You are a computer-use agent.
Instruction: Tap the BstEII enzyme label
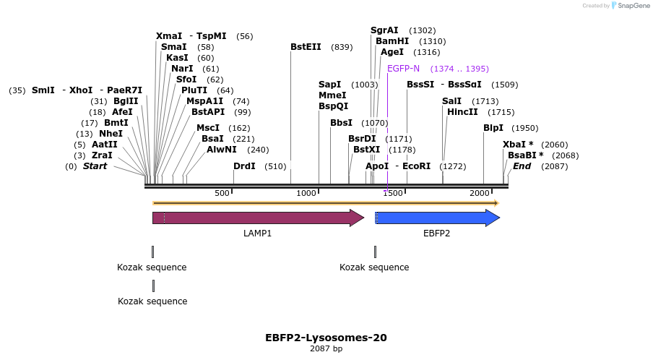(306, 47)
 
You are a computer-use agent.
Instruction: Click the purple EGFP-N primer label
(403, 69)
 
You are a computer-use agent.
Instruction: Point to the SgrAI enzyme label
(384, 30)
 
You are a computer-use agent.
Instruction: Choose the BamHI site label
(392, 41)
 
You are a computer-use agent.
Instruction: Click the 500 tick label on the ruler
(222, 193)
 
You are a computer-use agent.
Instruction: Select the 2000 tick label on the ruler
(480, 193)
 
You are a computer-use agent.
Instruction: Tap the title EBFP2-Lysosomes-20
(326, 338)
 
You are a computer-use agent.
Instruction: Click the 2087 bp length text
(326, 349)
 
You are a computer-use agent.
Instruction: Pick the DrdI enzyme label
(244, 166)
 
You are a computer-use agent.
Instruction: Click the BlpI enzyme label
(493, 128)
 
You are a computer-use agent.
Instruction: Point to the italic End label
(522, 166)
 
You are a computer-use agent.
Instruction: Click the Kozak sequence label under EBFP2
(374, 267)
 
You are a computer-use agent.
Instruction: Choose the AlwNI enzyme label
(221, 150)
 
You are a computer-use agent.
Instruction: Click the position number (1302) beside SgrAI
(422, 30)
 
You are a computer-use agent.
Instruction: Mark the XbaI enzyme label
(518, 145)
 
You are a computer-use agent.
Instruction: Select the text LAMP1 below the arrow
(257, 233)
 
